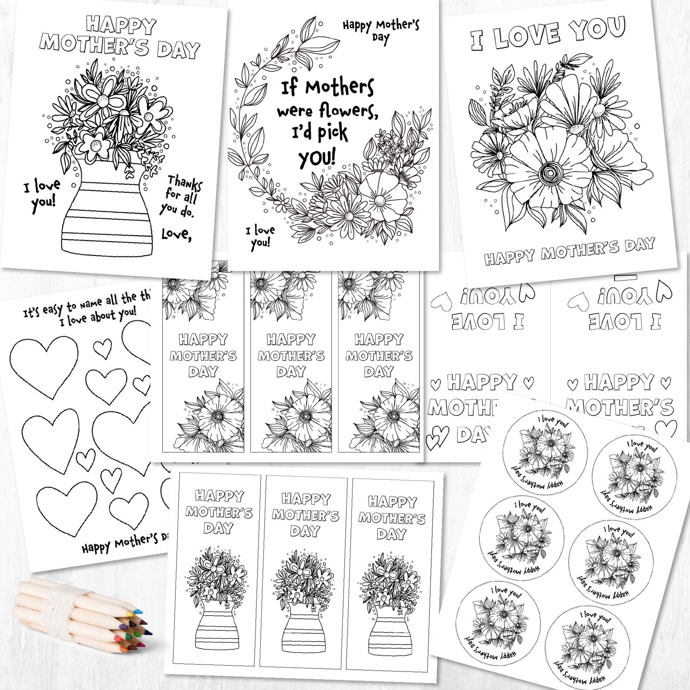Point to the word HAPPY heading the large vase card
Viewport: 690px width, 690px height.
coord(121,25)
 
